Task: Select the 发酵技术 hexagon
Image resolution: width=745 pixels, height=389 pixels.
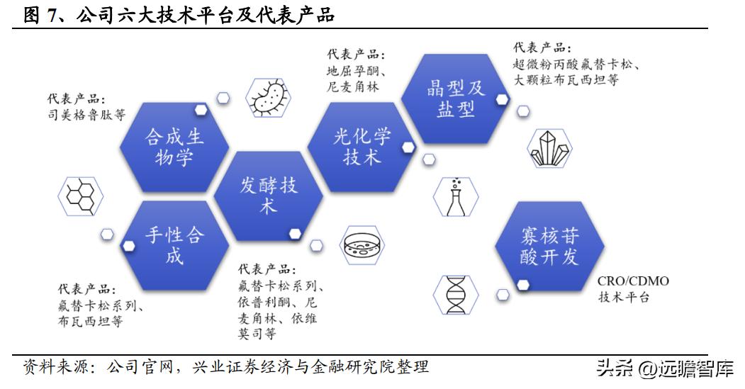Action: (267, 195)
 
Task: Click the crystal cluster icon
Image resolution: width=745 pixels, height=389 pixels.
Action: (549, 147)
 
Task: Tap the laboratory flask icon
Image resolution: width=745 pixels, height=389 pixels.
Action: (454, 196)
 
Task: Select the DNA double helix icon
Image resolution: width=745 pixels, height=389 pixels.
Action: (454, 294)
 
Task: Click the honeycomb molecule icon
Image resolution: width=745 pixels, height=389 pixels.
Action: (80, 196)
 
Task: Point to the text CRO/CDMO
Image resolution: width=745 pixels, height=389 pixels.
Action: (633, 281)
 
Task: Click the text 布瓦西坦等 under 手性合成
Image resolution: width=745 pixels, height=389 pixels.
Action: (90, 321)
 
